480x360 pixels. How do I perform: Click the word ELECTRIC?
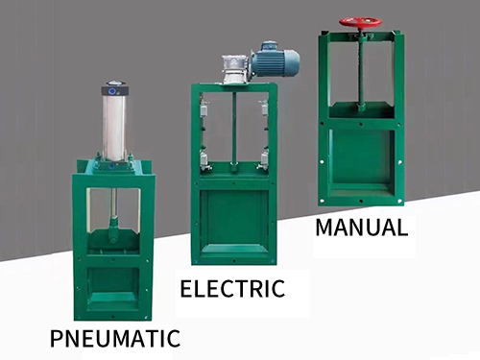click(232, 288)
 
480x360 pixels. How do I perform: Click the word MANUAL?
click(361, 228)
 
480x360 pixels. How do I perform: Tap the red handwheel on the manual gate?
click(361, 21)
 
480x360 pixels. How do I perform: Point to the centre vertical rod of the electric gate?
click(234, 130)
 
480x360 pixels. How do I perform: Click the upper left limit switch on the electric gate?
click(204, 111)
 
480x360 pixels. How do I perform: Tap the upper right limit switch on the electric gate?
click(263, 111)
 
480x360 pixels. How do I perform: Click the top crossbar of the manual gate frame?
click(361, 37)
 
